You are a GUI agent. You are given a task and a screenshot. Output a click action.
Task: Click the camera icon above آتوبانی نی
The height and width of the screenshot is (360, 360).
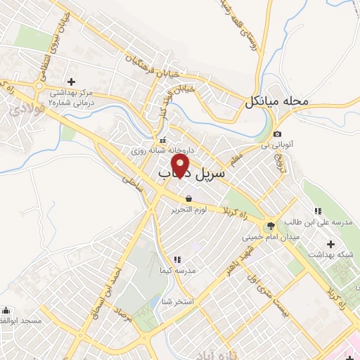(x=278, y=134)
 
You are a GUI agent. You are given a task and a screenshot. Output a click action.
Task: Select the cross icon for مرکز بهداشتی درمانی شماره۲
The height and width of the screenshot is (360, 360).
(x=70, y=82)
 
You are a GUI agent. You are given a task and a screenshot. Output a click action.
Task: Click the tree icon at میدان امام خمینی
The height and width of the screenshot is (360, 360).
(x=268, y=226)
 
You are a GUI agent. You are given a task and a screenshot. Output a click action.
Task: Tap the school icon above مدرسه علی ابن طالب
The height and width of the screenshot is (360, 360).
(x=317, y=211)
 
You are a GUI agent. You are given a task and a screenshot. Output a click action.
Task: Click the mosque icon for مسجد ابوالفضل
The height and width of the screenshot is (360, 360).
(x=6, y=309)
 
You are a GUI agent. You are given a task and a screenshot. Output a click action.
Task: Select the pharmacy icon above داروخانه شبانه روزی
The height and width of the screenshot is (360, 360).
(x=163, y=139)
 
